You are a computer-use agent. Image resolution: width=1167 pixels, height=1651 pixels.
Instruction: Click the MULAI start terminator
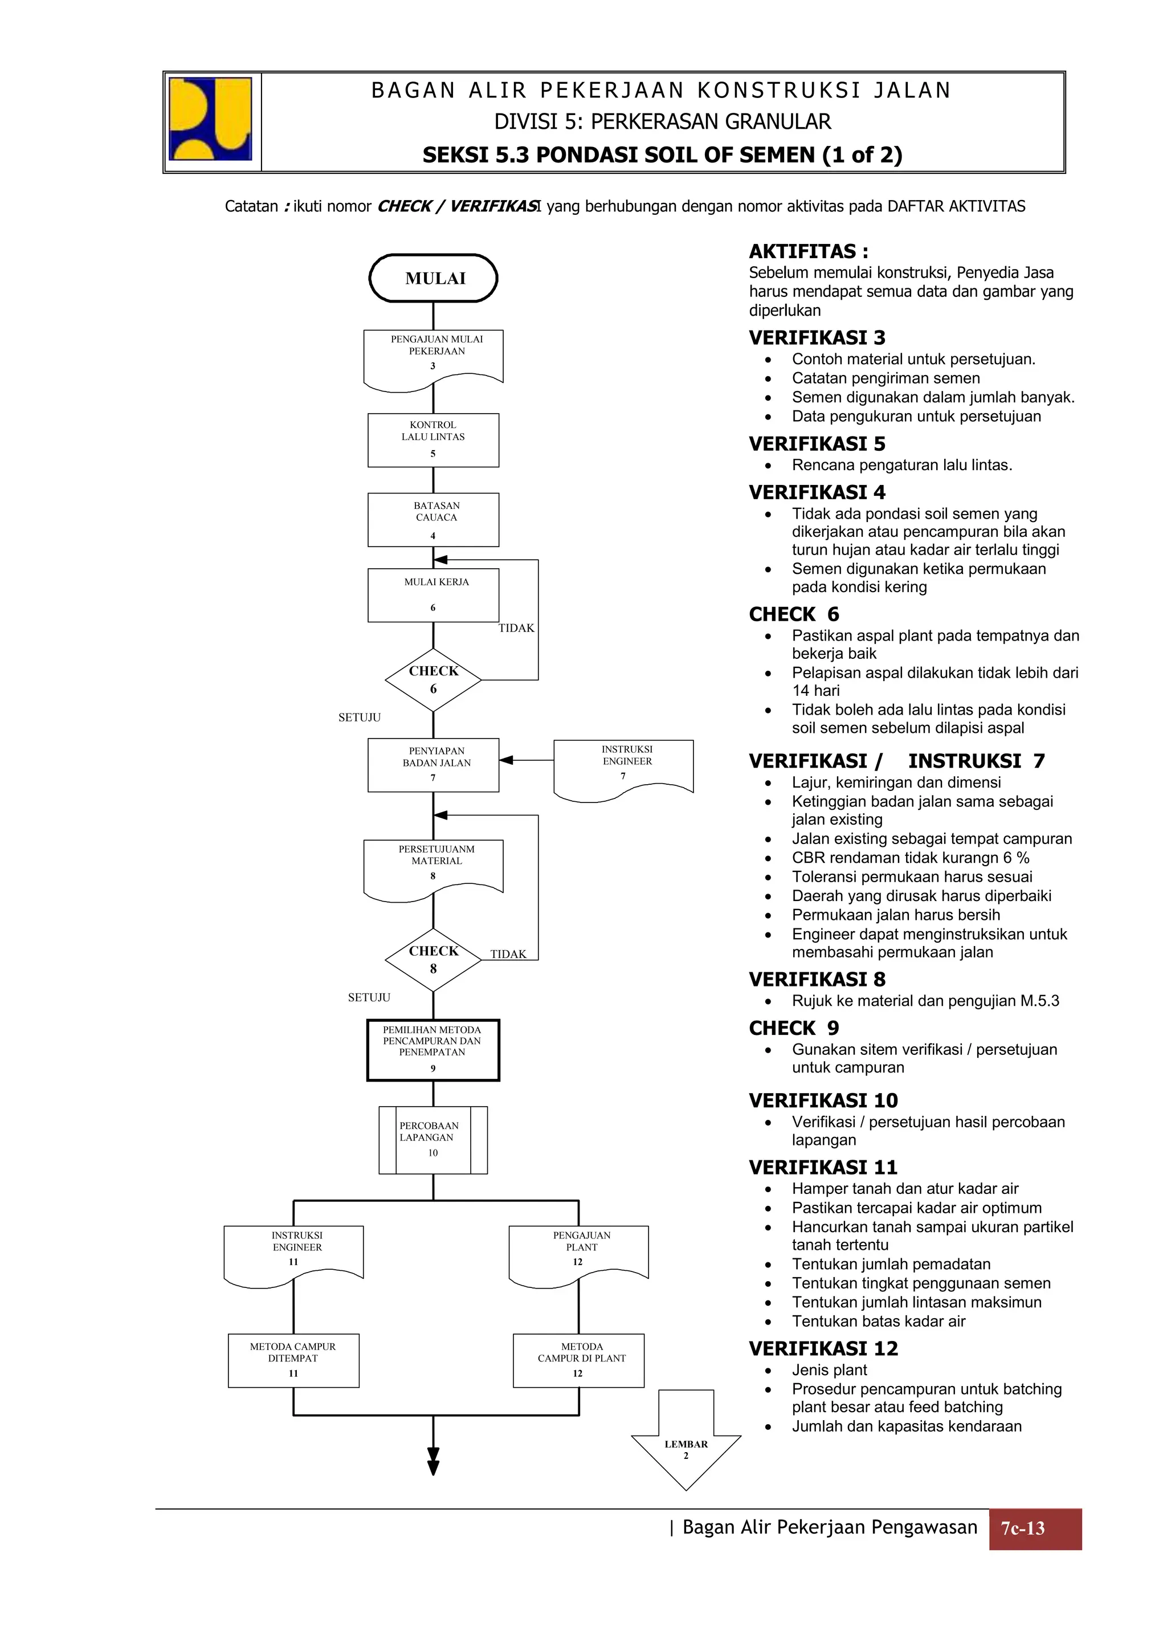433,278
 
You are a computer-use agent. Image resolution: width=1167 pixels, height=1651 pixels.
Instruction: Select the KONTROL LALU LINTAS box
433,440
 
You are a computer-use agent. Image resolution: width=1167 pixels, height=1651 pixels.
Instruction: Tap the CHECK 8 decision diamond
433,960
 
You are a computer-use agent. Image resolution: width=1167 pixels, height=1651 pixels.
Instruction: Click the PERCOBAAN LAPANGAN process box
433,1140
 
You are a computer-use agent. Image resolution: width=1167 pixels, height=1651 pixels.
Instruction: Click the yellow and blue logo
210,119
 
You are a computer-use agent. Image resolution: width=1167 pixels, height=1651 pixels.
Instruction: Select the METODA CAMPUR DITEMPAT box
293,1360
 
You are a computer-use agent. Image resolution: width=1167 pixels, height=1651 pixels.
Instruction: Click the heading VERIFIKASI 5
817,444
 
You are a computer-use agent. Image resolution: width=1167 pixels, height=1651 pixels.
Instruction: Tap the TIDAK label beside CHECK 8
508,954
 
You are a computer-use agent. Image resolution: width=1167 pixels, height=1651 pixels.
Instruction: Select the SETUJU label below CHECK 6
360,718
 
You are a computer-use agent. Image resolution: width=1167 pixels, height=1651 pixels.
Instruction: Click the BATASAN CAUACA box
433,520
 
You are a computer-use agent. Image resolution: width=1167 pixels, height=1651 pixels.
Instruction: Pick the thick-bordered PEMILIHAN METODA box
433,1050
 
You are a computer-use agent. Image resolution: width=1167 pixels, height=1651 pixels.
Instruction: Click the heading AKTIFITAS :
808,252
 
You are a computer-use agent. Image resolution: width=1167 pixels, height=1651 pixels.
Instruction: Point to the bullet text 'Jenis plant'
829,1370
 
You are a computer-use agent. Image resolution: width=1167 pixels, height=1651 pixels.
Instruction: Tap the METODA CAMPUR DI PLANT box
579,1360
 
